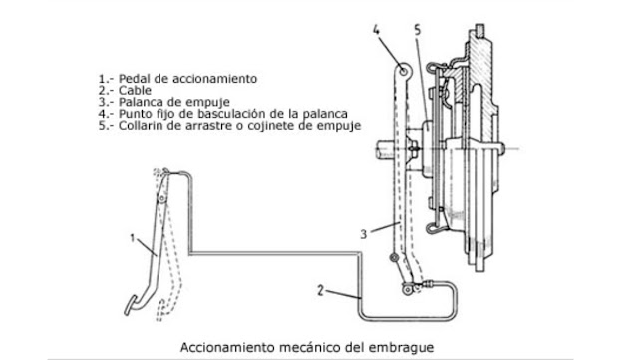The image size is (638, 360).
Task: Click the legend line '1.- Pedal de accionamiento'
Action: pyautogui.click(x=178, y=78)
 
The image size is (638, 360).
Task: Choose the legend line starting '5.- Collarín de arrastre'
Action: pyautogui.click(x=229, y=127)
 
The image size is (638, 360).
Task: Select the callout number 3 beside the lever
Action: pyautogui.click(x=366, y=233)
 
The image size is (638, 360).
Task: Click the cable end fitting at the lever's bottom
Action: pyautogui.click(x=408, y=289)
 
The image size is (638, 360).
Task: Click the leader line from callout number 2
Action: pyautogui.click(x=339, y=296)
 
